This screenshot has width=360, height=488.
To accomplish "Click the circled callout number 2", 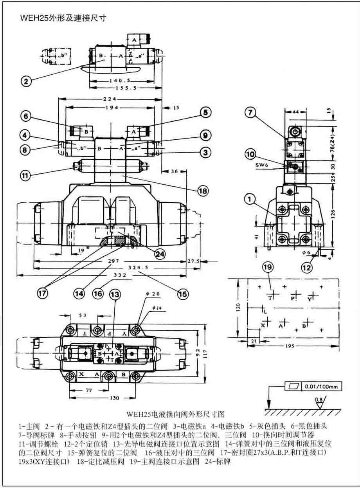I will [25, 81].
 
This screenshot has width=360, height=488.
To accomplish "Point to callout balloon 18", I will [203, 191].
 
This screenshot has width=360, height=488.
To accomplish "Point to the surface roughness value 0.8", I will [320, 400].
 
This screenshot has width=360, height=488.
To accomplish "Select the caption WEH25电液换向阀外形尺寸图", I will [176, 413].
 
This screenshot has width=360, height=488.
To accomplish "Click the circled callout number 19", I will [268, 268].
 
